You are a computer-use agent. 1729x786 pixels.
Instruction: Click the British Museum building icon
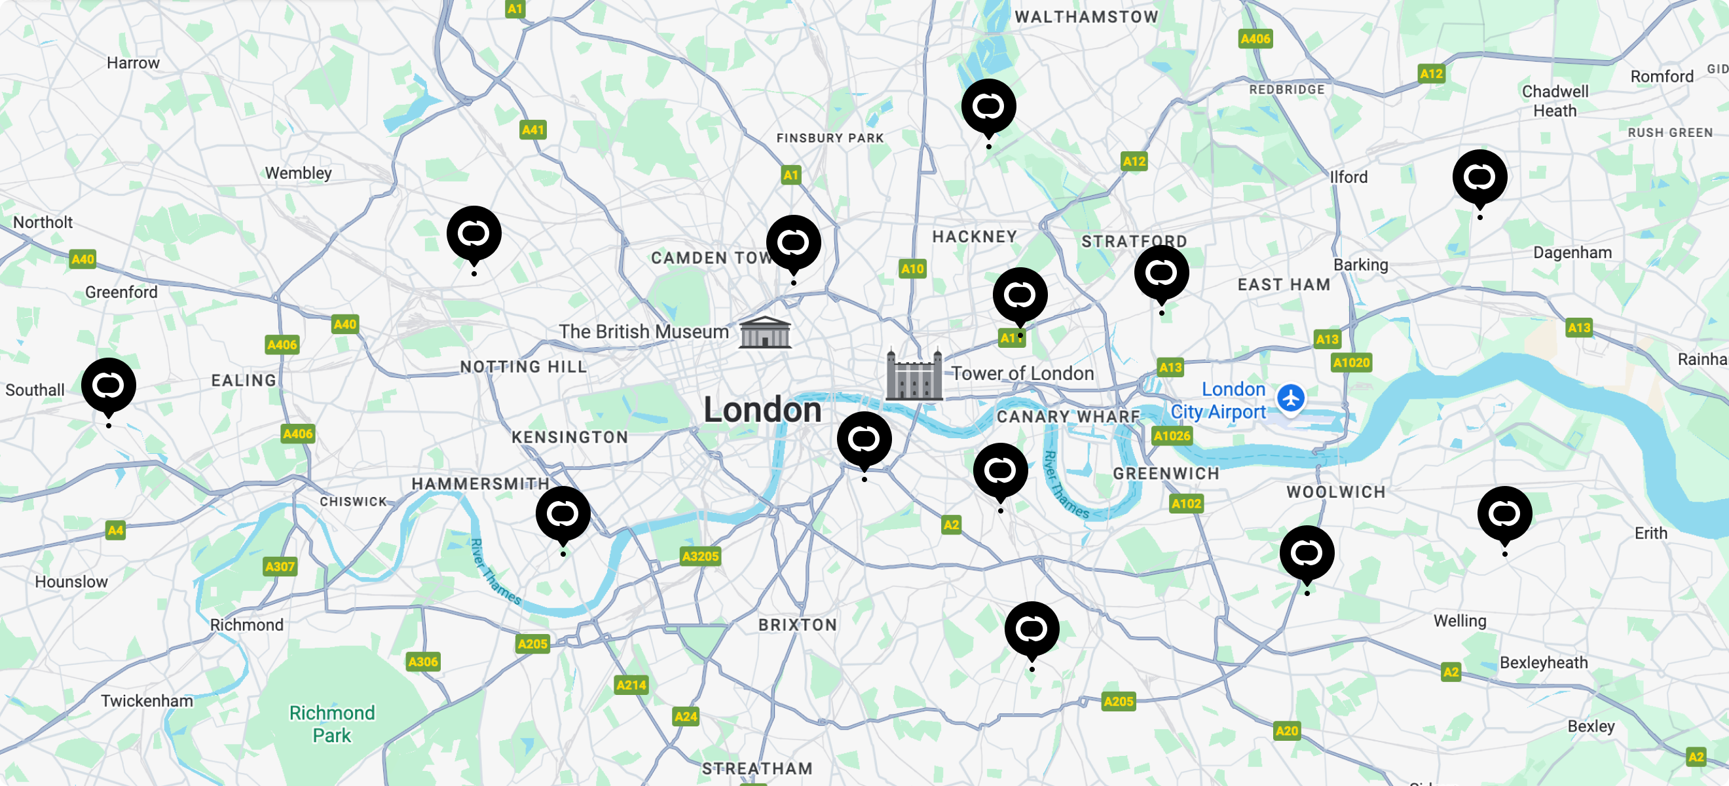coord(764,332)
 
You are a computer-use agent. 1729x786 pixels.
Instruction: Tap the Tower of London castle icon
coord(914,375)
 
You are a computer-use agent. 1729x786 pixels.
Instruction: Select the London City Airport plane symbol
coord(1290,398)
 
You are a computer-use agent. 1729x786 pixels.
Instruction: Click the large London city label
coord(762,410)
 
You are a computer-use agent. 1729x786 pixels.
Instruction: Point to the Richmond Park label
coord(331,724)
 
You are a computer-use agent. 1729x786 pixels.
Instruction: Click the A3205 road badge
coord(700,556)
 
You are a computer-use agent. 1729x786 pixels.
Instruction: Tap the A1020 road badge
coord(1351,363)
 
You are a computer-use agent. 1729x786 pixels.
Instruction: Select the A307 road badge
coord(280,567)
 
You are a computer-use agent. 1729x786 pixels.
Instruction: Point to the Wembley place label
coord(298,173)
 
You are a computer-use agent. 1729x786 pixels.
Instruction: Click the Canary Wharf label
coord(1068,417)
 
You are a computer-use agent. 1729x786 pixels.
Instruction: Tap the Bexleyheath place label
coord(1543,662)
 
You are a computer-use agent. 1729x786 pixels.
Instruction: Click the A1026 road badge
coord(1171,436)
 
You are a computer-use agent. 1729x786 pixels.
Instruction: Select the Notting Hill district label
coord(523,367)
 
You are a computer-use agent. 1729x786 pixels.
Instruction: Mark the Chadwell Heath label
coord(1555,102)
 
